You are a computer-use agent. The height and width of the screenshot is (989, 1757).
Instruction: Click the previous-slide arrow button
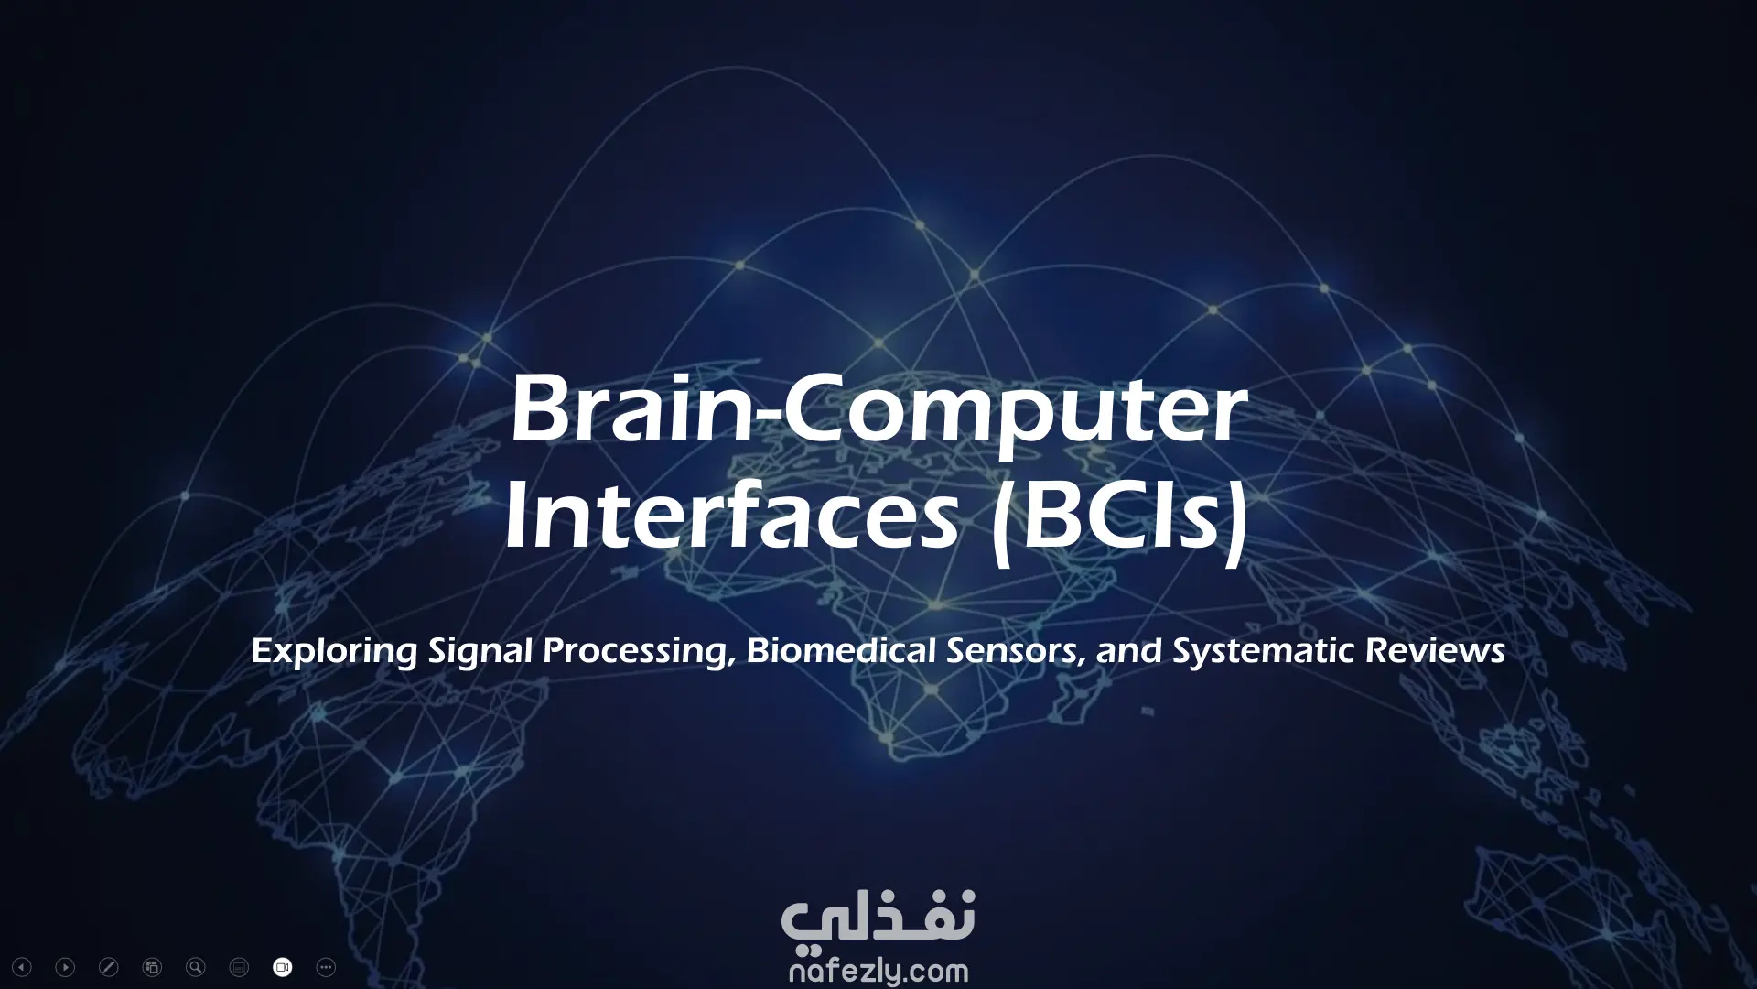pyautogui.click(x=22, y=967)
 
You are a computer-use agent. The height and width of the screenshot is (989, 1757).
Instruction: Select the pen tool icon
pyautogui.click(x=108, y=967)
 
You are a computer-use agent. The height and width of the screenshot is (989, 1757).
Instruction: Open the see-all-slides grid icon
pyautogui.click(x=152, y=967)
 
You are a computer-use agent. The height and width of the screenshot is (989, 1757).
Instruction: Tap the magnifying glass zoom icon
pyautogui.click(x=195, y=967)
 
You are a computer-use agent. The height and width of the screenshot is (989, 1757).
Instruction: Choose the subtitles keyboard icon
pyautogui.click(x=239, y=967)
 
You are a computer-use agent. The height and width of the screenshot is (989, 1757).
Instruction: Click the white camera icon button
pyautogui.click(x=283, y=967)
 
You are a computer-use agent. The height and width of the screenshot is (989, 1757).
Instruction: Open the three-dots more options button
pyautogui.click(x=326, y=967)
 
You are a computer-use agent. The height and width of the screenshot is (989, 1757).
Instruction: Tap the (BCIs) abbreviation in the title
pyautogui.click(x=1121, y=522)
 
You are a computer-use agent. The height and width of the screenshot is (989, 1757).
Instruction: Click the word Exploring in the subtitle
pyautogui.click(x=334, y=653)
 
